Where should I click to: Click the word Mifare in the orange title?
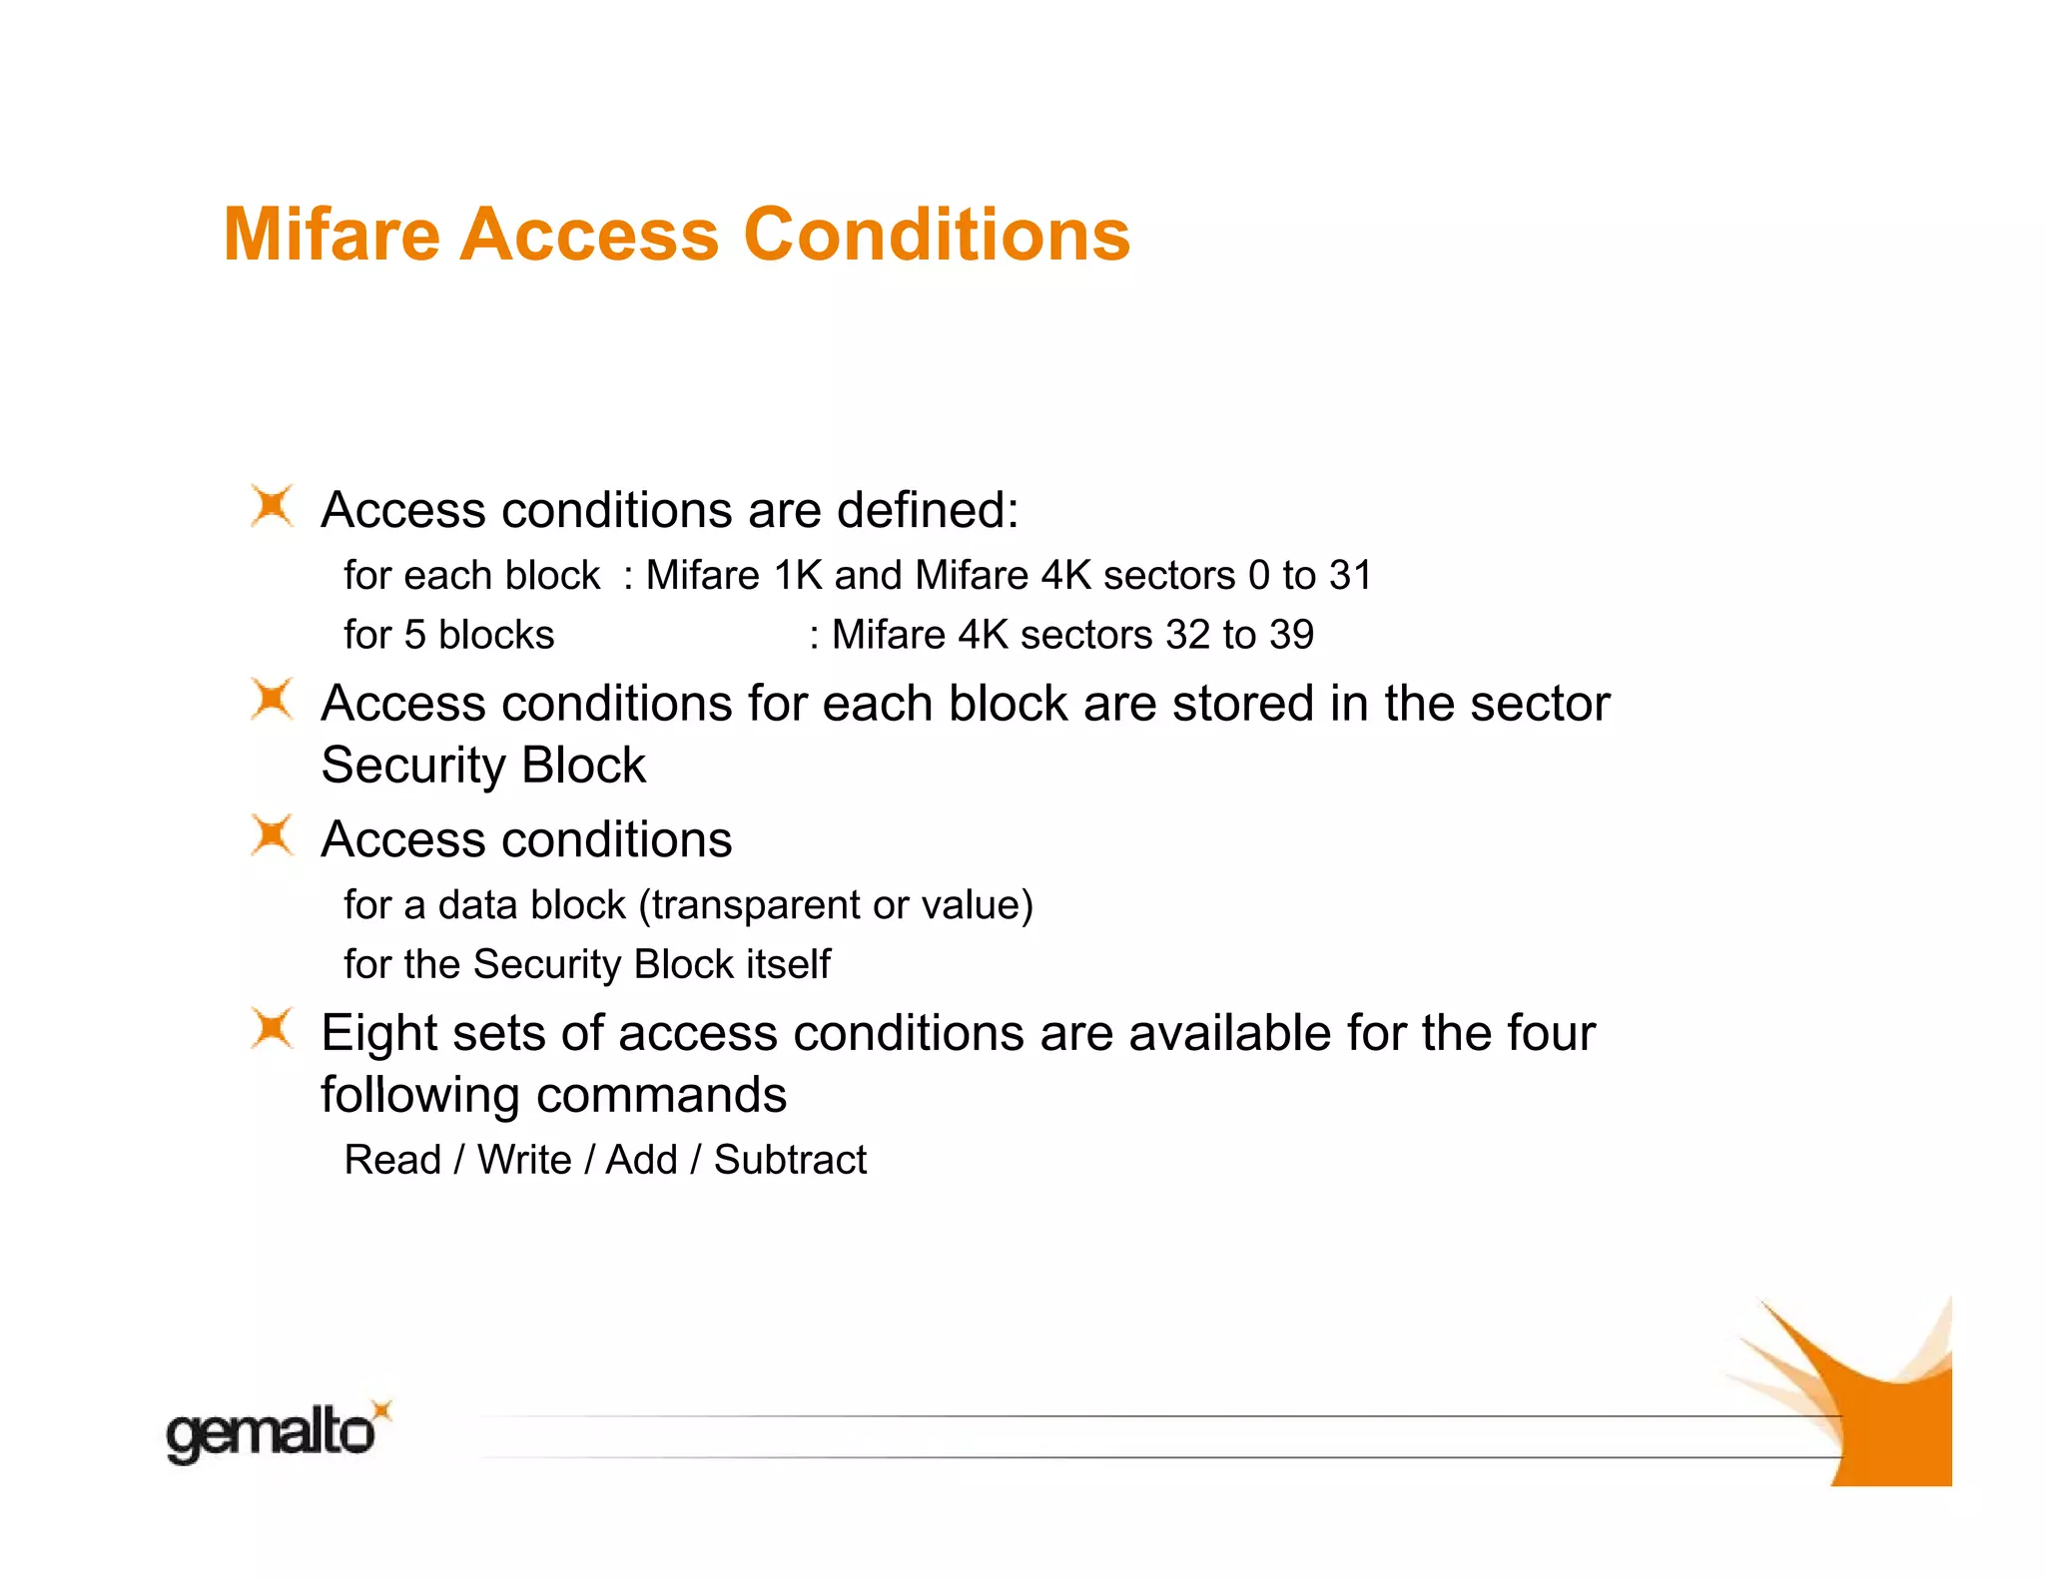[x=332, y=236]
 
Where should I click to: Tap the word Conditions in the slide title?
[x=937, y=236]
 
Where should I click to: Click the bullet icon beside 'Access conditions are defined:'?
[x=272, y=505]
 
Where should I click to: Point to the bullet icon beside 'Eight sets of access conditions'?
[x=272, y=1028]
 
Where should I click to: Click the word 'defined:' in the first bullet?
[x=928, y=510]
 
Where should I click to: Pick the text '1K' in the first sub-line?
[x=798, y=576]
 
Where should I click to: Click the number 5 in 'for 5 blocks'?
[x=414, y=636]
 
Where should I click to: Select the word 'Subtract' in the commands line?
[x=790, y=1161]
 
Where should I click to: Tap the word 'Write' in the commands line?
[x=524, y=1161]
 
